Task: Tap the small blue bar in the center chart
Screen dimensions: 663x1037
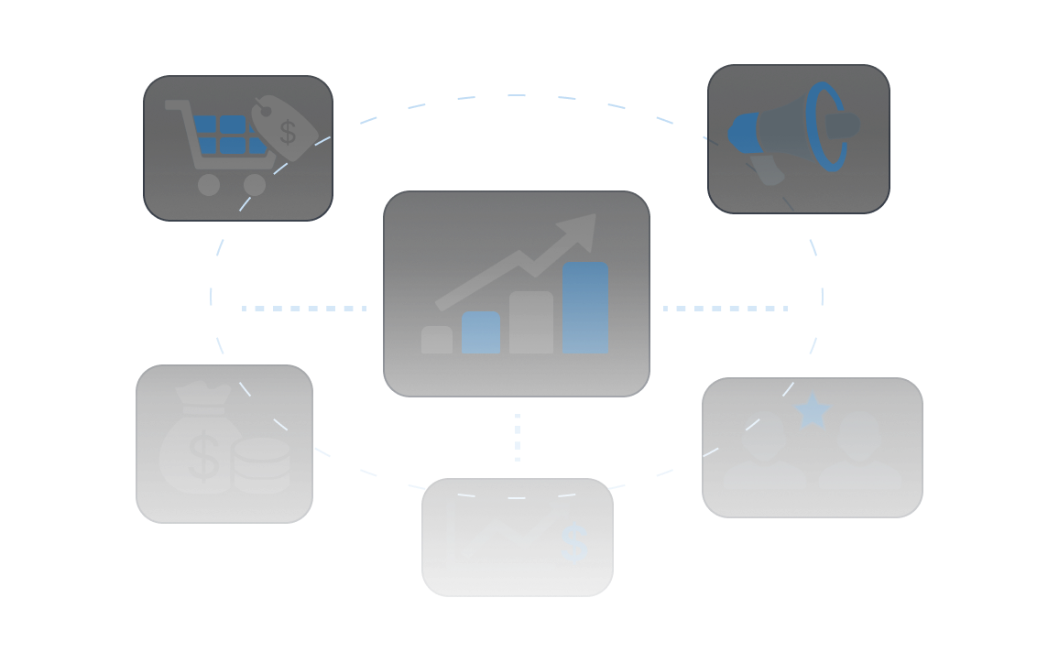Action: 481,332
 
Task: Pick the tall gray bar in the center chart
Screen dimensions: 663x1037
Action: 531,322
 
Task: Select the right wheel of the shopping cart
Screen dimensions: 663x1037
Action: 255,184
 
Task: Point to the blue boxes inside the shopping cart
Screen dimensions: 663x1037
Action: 220,135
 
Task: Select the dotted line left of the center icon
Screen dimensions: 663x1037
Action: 303,309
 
